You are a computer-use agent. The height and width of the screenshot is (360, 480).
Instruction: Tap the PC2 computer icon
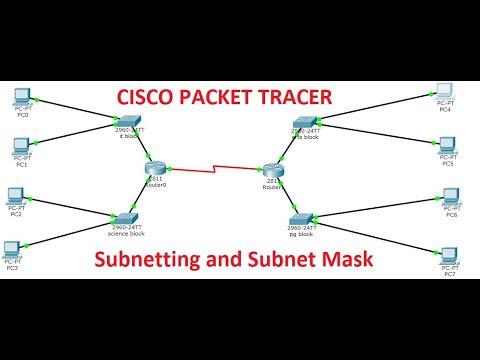(16, 195)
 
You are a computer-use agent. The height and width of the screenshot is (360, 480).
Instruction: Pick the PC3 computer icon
(13, 249)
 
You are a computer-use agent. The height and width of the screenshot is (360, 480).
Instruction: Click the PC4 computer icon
(447, 92)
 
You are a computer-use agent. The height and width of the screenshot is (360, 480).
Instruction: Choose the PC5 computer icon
(448, 146)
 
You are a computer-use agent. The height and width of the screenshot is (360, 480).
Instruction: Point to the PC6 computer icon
(451, 199)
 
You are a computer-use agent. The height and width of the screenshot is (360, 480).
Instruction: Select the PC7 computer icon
(450, 255)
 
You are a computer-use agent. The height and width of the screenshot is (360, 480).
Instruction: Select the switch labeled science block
(126, 217)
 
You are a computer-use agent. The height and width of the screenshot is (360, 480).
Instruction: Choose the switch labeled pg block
(301, 218)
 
